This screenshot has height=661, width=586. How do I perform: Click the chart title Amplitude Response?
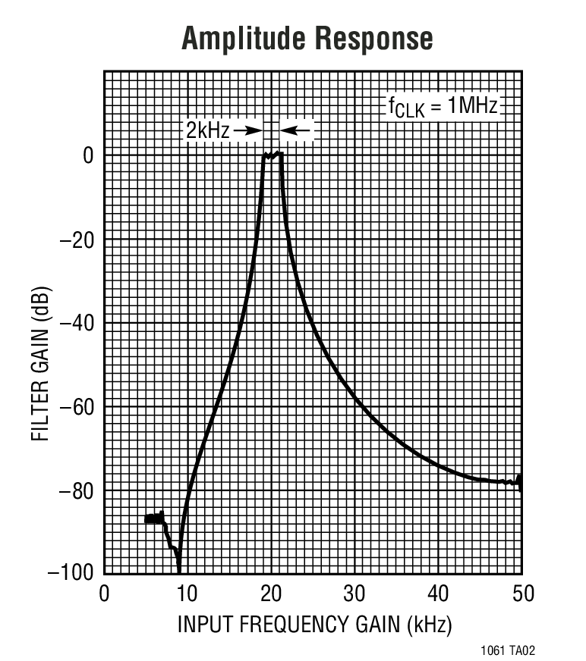click(x=307, y=38)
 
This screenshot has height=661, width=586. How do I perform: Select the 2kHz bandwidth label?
click(x=207, y=130)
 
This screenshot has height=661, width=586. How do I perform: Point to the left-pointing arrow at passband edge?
click(x=296, y=131)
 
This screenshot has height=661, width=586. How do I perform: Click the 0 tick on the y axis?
click(x=88, y=155)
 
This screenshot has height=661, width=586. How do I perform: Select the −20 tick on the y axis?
click(x=77, y=240)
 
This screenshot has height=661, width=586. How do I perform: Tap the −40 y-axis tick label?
click(x=77, y=324)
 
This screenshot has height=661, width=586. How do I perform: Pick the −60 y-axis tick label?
click(x=77, y=407)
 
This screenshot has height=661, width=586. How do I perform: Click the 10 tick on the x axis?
click(x=187, y=594)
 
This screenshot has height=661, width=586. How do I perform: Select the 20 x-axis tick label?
click(x=271, y=594)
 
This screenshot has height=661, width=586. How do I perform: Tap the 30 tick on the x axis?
click(x=354, y=594)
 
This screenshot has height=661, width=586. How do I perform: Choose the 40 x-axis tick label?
click(x=438, y=594)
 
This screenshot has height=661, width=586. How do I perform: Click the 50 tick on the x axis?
click(x=521, y=594)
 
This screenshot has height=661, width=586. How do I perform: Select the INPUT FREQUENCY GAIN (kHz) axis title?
click(x=314, y=625)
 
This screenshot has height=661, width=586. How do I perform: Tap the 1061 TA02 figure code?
click(x=512, y=650)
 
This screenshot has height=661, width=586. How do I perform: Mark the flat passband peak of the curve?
click(x=273, y=155)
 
